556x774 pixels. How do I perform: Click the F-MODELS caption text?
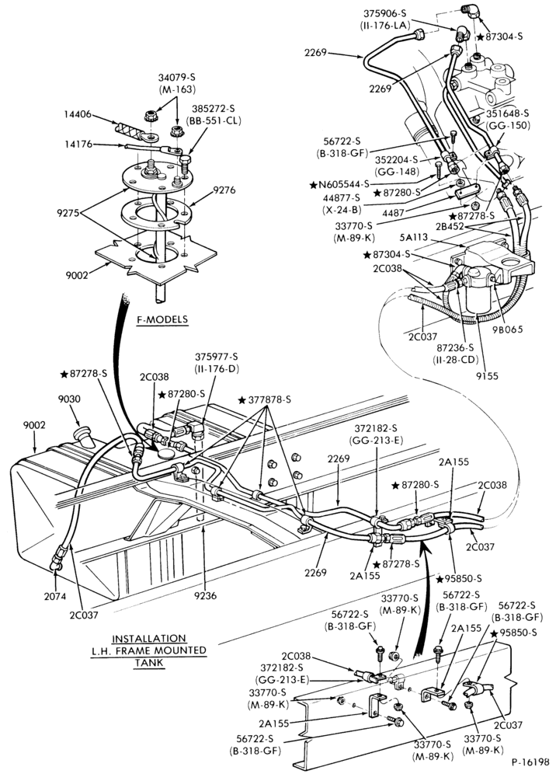162,319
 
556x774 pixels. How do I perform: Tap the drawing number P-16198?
530,762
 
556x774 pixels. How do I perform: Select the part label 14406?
78,113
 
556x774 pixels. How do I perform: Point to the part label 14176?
78,144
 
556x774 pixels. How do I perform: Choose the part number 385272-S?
213,107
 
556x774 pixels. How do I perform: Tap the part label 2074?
55,596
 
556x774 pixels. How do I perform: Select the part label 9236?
206,596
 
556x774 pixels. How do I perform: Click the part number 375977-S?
217,357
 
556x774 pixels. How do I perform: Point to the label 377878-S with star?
265,399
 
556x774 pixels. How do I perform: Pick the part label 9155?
488,375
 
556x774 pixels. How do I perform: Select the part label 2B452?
449,226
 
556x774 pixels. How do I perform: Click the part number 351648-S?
508,114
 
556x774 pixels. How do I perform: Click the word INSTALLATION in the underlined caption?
149,638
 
